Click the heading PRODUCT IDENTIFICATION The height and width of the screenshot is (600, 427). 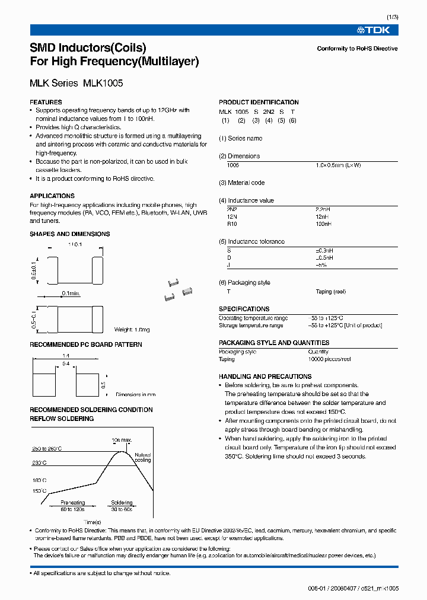259,102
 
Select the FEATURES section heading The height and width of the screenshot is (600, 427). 46,102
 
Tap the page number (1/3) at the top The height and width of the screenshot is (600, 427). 392,17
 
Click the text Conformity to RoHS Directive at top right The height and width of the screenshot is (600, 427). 357,49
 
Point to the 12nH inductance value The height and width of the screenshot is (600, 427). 323,217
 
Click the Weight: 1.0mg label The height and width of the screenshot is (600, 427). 132,330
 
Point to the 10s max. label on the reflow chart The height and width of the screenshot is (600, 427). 121,440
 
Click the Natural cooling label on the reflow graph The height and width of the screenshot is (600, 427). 143,457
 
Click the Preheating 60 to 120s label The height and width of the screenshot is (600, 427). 72,506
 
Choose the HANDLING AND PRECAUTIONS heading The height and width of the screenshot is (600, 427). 265,376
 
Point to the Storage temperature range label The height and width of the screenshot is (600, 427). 251,325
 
